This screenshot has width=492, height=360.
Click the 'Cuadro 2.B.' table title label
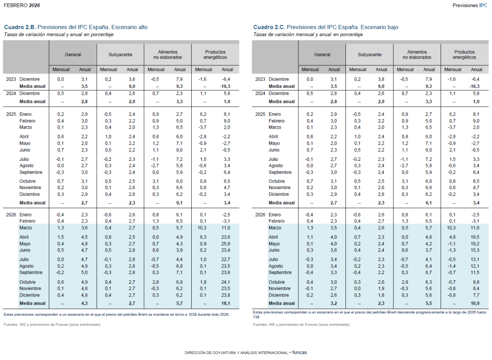pyautogui.click(x=20, y=27)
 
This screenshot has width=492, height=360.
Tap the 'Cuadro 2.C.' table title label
pyautogui.click(x=269, y=27)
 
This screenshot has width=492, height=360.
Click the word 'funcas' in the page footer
pyautogui.click(x=299, y=352)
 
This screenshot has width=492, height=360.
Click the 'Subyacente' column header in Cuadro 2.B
pyautogui.click(x=121, y=55)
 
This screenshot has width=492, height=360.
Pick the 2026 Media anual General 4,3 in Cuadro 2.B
pyautogui.click(x=85, y=303)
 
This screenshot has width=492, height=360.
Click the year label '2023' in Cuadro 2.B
pyautogui.click(x=11, y=79)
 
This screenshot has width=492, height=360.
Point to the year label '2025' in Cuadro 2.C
pyautogui.click(x=259, y=114)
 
